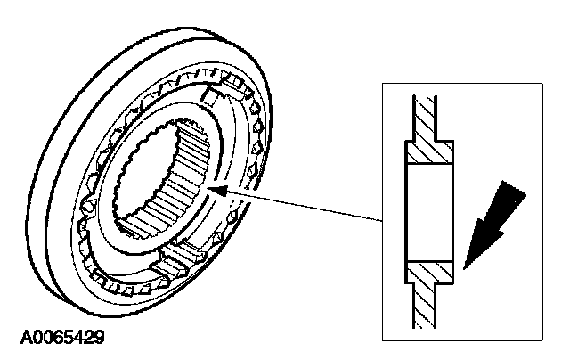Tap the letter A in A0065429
[25, 338]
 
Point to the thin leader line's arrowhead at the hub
[214, 188]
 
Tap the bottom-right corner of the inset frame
[542, 340]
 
